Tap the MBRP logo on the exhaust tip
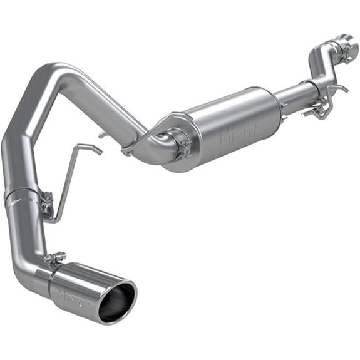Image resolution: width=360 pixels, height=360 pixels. (69, 294)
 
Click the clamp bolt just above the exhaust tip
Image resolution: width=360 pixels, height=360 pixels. (57, 256)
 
